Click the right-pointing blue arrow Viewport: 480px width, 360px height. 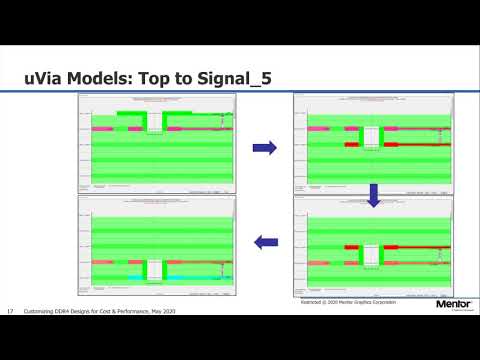(264, 148)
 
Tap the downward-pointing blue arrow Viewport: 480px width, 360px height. (374, 194)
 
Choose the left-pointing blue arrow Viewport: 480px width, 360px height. (264, 241)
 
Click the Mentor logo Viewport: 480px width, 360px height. (454, 303)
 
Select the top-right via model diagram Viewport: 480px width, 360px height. (372, 141)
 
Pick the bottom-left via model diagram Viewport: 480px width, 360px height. (156, 242)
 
